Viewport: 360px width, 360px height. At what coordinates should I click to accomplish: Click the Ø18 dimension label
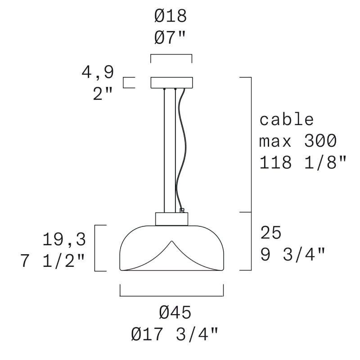(x=171, y=17)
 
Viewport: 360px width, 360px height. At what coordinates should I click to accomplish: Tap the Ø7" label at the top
(x=170, y=37)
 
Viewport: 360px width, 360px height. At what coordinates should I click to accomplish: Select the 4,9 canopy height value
(x=98, y=72)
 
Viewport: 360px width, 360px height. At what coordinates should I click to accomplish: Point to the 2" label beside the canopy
(x=103, y=94)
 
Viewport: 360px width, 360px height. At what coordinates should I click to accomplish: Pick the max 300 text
(x=298, y=141)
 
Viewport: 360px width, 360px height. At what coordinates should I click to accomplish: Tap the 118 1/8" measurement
(x=302, y=162)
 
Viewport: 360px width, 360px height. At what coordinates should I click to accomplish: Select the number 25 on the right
(x=271, y=232)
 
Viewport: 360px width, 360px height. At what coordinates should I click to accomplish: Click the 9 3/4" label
(x=293, y=254)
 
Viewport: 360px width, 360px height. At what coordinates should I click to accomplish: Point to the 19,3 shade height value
(x=64, y=239)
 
